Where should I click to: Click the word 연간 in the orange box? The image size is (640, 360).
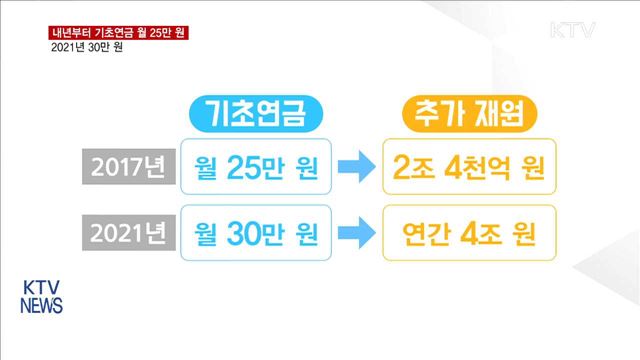point(417,237)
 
